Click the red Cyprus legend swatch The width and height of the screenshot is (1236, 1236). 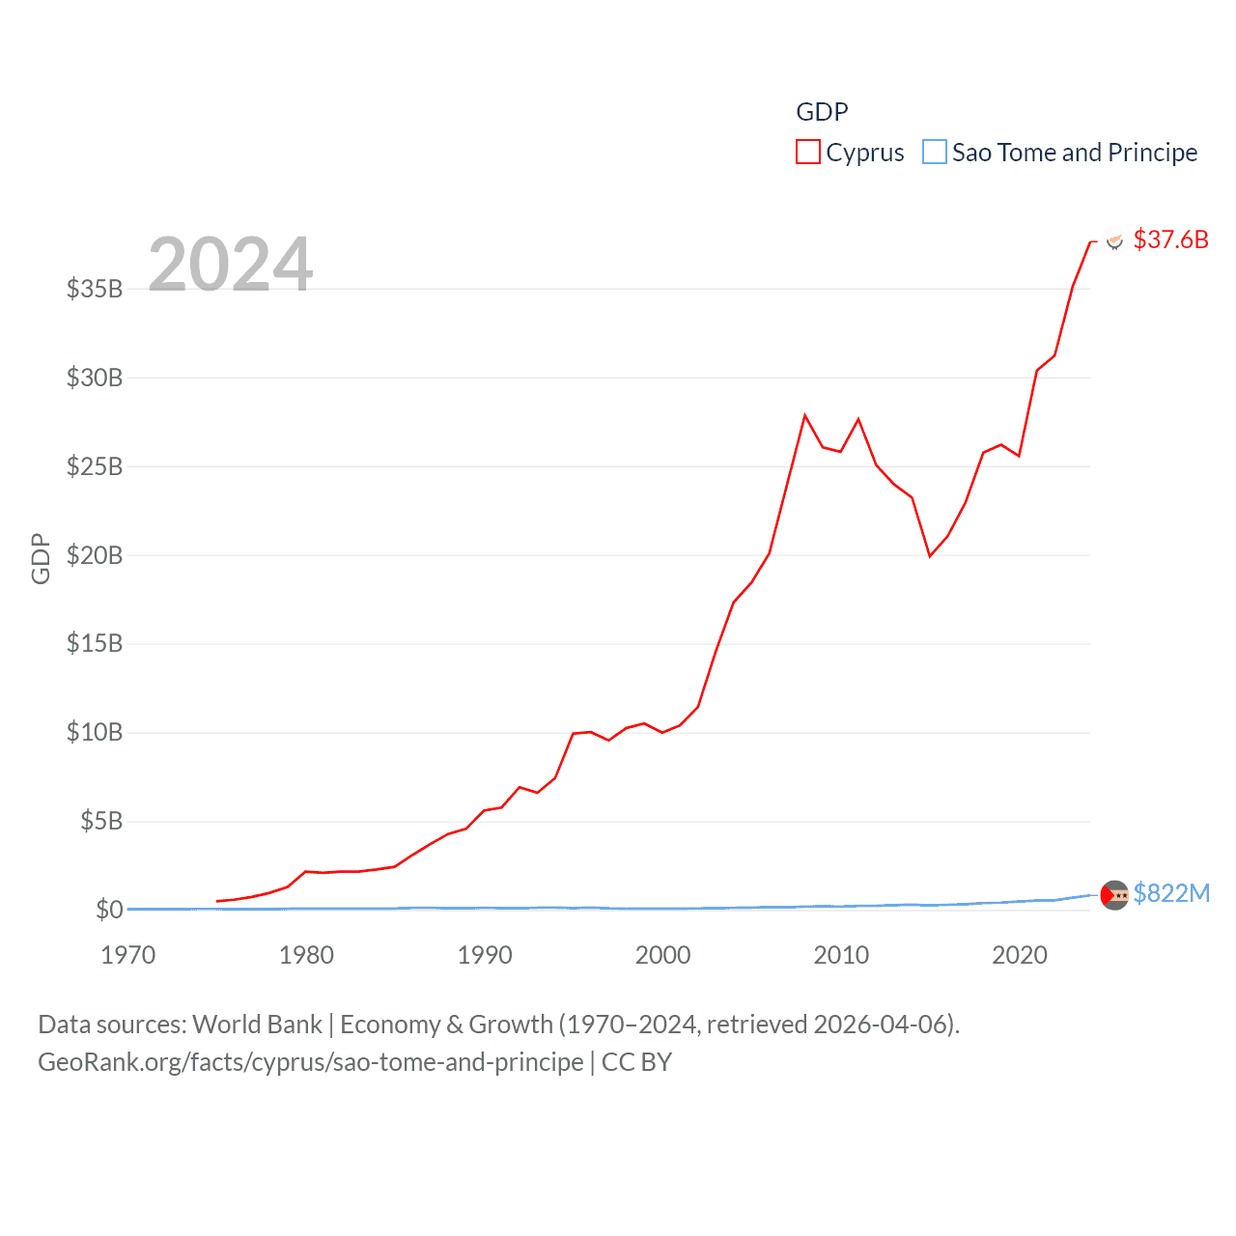pos(807,152)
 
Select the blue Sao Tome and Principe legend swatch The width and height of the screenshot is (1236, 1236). pos(934,152)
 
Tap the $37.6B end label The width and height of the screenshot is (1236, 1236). pos(1170,239)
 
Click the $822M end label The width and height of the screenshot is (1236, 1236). pos(1171,893)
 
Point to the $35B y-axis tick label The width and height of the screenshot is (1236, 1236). pos(95,289)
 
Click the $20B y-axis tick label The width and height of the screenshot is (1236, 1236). pos(95,555)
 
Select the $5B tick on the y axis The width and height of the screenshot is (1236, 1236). pos(101,822)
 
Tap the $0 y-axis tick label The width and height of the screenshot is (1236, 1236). pos(109,910)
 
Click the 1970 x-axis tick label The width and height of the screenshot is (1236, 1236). pos(128,955)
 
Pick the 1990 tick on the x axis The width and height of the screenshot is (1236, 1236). pos(485,955)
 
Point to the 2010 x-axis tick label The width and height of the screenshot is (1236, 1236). pos(841,955)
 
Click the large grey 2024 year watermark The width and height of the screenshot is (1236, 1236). pos(231,264)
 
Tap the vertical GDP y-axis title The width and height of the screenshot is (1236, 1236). pos(41,558)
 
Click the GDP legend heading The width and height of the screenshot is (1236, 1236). pos(822,112)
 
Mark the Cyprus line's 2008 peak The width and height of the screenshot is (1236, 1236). pos(804,415)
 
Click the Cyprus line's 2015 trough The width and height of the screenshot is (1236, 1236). pos(930,556)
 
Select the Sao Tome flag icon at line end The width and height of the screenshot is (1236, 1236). pos(1114,895)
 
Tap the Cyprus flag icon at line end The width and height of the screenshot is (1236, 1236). pos(1114,240)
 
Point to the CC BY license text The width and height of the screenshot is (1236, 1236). pos(636,1062)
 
